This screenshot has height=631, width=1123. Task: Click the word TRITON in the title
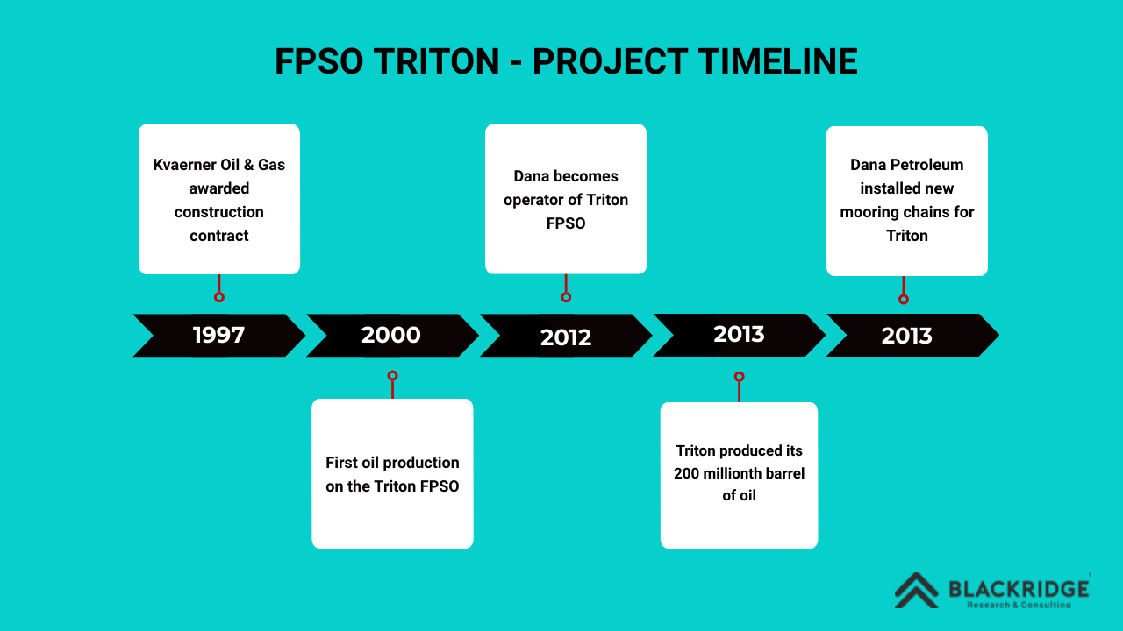click(x=436, y=61)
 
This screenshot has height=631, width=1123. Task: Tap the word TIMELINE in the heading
click(x=777, y=61)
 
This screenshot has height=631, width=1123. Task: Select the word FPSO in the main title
click(x=318, y=61)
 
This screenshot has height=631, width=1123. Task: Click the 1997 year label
click(x=218, y=335)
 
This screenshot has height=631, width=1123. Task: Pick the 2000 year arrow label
click(x=391, y=335)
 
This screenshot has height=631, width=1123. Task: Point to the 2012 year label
click(x=566, y=337)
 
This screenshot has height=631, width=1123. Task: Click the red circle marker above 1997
click(x=219, y=297)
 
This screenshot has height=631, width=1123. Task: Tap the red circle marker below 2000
click(x=392, y=376)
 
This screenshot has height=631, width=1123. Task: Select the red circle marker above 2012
click(x=566, y=297)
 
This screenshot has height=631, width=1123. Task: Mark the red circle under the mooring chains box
click(x=904, y=299)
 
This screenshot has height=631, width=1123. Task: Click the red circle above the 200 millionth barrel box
click(x=739, y=377)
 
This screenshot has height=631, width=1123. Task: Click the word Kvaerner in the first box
click(x=184, y=165)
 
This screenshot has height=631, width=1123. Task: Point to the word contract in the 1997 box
click(x=219, y=236)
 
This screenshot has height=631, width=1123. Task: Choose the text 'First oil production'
click(x=392, y=463)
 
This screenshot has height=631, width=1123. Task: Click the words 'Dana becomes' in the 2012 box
click(x=566, y=176)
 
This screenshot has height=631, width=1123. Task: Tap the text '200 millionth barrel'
click(x=739, y=473)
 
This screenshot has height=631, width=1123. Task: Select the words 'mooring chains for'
click(x=907, y=212)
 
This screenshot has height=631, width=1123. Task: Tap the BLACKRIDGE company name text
click(x=1019, y=589)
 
